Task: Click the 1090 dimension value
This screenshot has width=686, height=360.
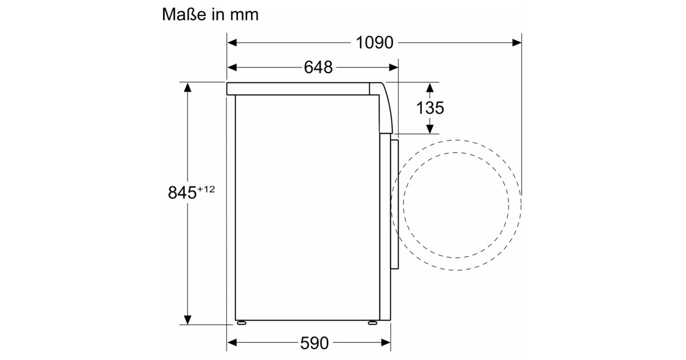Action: [374, 42]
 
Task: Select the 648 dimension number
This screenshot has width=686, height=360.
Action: [318, 67]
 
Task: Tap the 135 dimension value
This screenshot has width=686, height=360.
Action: [430, 108]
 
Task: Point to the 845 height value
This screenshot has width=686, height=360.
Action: [182, 193]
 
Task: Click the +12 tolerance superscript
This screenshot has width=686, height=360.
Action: [206, 189]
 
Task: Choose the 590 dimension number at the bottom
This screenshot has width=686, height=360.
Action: [314, 343]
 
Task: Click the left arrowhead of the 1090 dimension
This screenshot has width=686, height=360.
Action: [232, 42]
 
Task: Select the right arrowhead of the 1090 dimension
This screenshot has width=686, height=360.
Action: [517, 42]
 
